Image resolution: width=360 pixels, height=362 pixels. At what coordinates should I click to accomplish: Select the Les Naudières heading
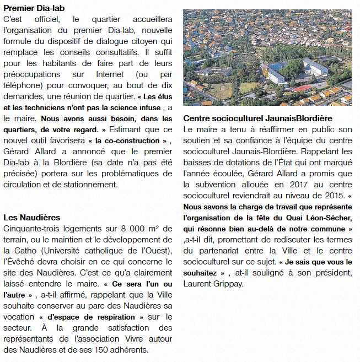(x=31, y=217)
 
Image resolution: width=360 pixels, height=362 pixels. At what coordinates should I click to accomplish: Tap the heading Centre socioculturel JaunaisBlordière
(x=257, y=118)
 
